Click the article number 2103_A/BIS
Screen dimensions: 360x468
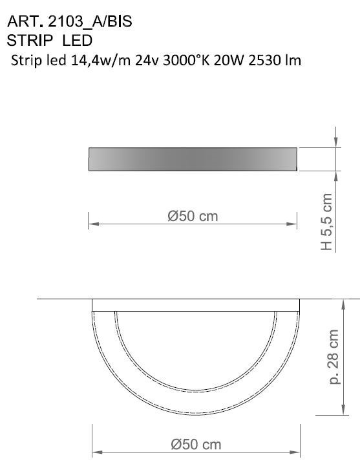pyautogui.click(x=90, y=22)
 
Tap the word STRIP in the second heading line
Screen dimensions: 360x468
pyautogui.click(x=30, y=41)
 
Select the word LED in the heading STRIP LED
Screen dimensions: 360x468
pyautogui.click(x=78, y=41)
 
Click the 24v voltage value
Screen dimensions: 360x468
pyautogui.click(x=148, y=61)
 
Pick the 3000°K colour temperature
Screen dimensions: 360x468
pyautogui.click(x=187, y=61)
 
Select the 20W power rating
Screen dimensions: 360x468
pyautogui.click(x=229, y=61)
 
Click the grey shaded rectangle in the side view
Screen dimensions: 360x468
pyautogui.click(x=193, y=159)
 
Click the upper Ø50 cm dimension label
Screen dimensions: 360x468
pyautogui.click(x=193, y=216)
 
